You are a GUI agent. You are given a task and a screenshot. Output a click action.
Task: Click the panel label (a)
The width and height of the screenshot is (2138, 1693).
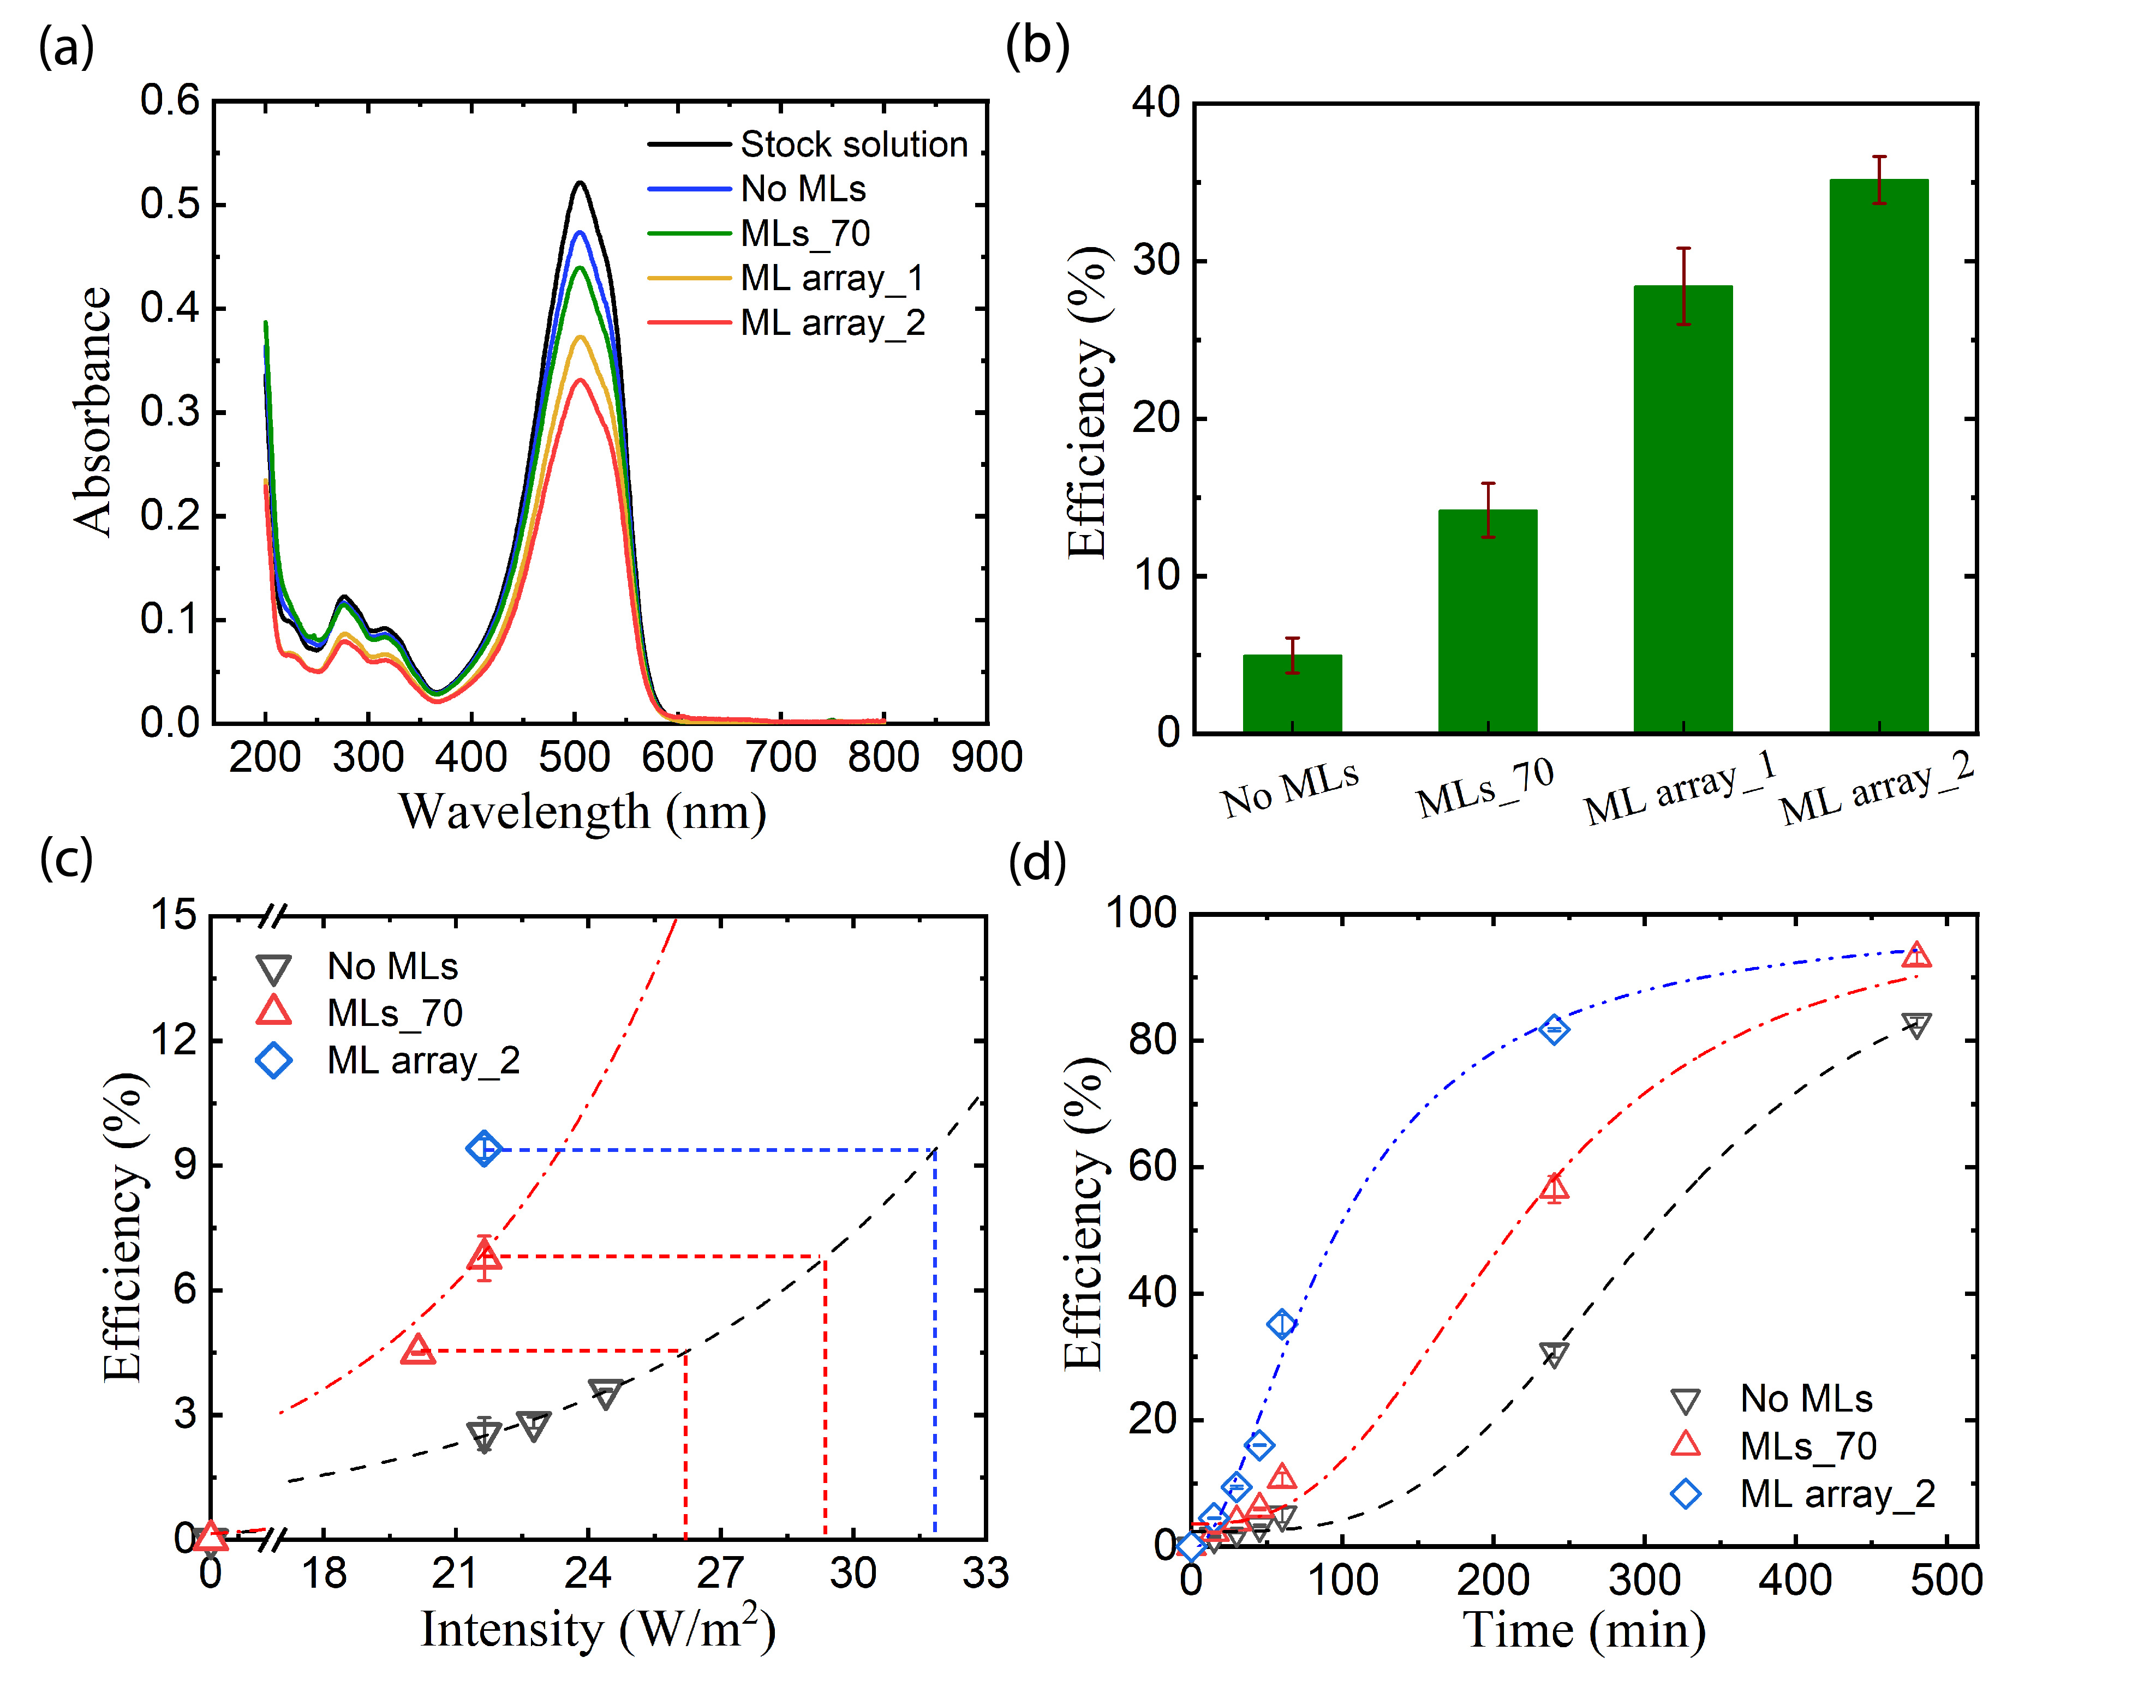[x=65, y=46]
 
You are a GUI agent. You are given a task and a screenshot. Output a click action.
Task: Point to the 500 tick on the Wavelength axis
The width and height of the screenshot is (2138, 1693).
[x=574, y=757]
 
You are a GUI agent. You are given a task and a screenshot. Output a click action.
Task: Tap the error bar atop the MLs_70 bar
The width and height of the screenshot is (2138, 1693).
[x=1488, y=509]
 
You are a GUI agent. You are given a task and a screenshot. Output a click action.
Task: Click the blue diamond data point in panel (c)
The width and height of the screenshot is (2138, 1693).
[x=484, y=1149]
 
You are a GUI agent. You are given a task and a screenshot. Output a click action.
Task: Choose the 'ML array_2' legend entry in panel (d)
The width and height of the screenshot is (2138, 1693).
[x=1837, y=1494]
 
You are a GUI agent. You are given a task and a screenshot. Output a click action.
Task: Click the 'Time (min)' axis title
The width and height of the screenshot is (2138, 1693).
[x=1584, y=1631]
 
